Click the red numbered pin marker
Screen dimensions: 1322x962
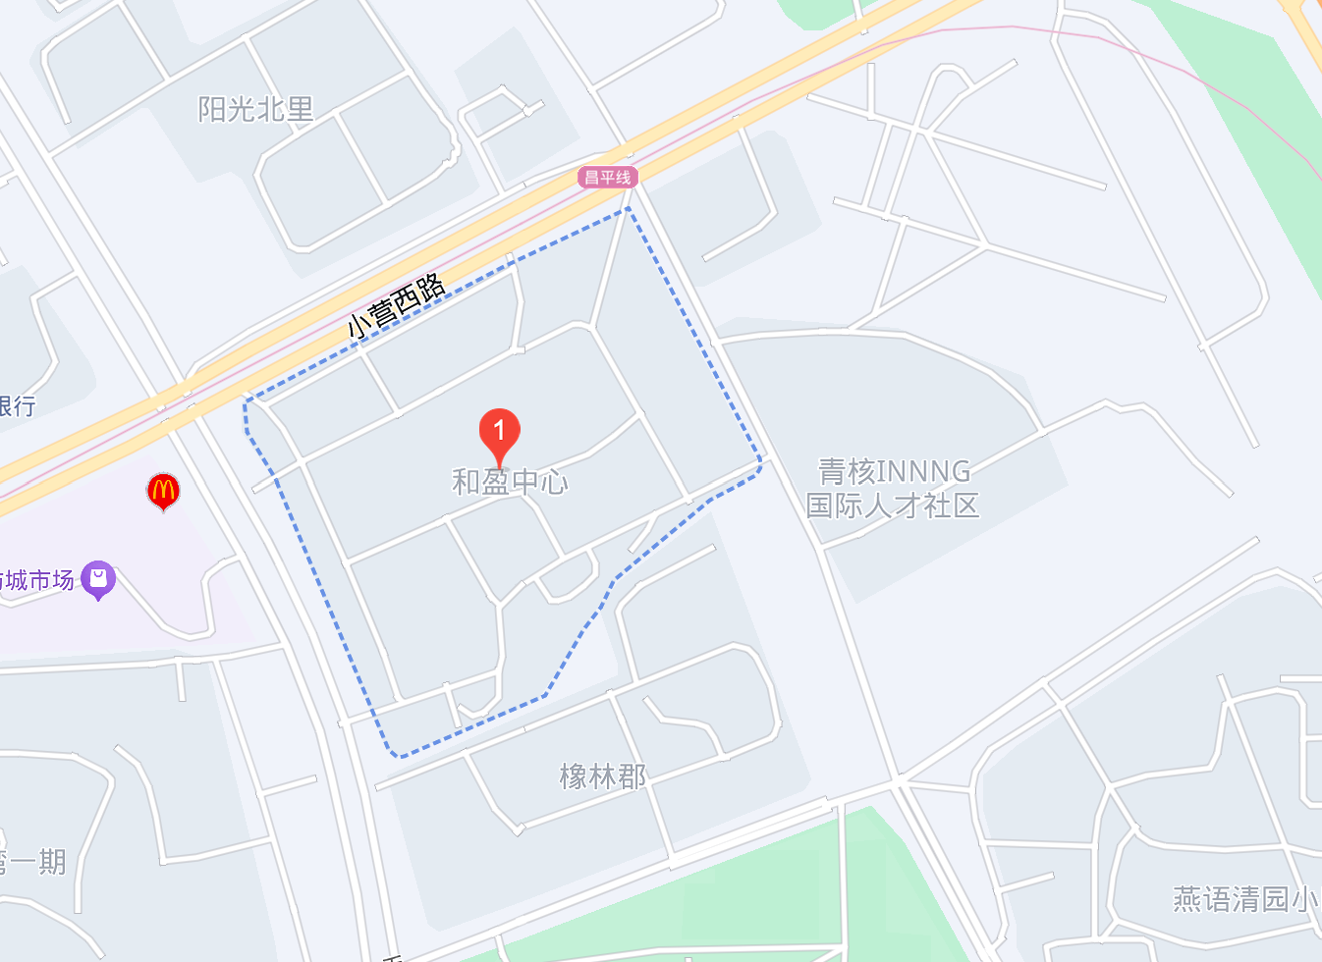pos(499,435)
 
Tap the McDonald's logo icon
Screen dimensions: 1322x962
pos(163,490)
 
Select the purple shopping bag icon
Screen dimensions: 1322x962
pos(98,579)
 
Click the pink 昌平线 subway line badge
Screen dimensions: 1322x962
pos(608,178)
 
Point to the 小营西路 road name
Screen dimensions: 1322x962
pos(396,305)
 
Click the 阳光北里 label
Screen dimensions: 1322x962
pos(255,109)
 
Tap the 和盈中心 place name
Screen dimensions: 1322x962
pos(510,482)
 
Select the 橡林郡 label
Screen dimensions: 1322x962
pos(603,776)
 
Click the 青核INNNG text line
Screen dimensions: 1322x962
pos(895,472)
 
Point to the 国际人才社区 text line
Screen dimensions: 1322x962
pos(893,507)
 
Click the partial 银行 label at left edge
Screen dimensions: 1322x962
pos(18,406)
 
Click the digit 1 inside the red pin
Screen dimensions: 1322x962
pos(499,429)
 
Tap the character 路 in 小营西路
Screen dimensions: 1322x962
pos(429,289)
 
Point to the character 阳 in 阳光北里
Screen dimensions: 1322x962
pos(212,109)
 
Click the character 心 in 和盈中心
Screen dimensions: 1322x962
pos(553,482)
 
